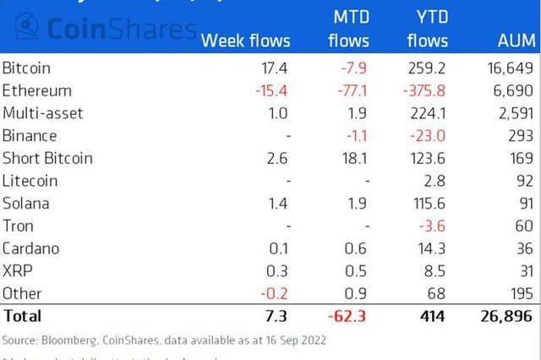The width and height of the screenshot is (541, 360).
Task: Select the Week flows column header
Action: pyautogui.click(x=245, y=40)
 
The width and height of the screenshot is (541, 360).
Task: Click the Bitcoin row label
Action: pyautogui.click(x=26, y=67)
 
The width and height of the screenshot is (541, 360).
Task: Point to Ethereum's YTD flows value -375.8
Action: pyautogui.click(x=424, y=90)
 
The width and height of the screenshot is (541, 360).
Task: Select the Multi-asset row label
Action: pyautogui.click(x=42, y=112)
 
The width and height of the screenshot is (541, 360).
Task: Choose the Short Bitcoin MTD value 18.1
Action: pyautogui.click(x=355, y=158)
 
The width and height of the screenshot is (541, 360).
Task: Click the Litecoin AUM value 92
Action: pyautogui.click(x=524, y=180)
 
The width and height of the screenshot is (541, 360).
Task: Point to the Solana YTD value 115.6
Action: pyautogui.click(x=428, y=203)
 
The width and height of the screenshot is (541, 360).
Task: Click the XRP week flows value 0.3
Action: pyautogui.click(x=278, y=270)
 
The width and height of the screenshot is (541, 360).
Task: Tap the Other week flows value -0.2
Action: pyautogui.click(x=275, y=293)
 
